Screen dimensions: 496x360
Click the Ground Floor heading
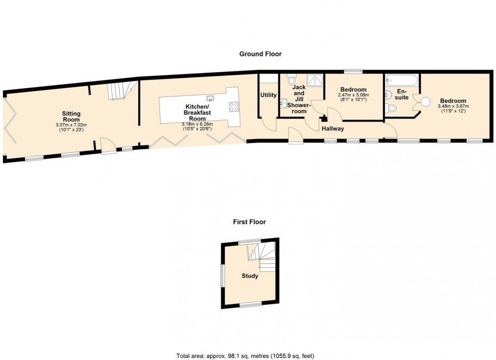coord(260,54)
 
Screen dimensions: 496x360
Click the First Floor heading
coord(249,222)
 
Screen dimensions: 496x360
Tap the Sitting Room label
coord(71,116)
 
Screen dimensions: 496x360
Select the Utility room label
coord(268,95)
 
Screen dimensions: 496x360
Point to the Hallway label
coord(333,128)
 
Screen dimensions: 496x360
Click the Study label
coord(250,276)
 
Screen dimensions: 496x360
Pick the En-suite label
coord(401,95)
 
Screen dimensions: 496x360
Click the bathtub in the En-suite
coord(401,80)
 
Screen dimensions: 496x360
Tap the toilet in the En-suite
coord(391,108)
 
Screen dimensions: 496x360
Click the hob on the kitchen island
coord(233,107)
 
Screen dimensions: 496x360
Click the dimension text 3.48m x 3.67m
coord(453,106)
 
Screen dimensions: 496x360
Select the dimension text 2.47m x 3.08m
coord(353,95)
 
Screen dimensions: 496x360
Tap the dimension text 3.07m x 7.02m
coord(71,125)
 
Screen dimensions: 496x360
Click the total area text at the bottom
coord(245,356)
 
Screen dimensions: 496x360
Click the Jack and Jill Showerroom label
coord(299,99)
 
